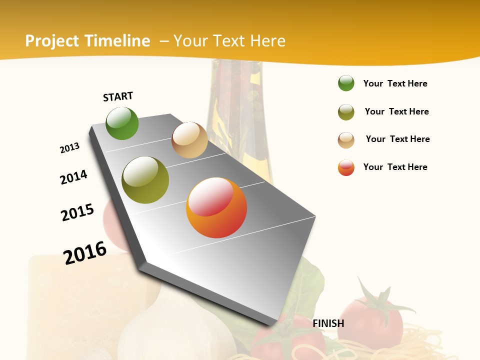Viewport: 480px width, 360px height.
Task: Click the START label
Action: pos(118,96)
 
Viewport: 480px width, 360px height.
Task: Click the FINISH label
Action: pos(328,323)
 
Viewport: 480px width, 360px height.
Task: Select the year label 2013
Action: pos(69,148)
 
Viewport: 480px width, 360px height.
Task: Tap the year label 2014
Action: pos(73,177)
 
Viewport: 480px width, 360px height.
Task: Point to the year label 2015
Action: pos(77,212)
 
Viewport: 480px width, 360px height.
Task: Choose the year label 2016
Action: pos(85,253)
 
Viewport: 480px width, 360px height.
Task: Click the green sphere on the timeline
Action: pos(122,123)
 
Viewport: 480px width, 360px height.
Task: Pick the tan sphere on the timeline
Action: pos(189,140)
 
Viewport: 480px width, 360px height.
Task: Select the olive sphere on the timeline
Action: pos(145,180)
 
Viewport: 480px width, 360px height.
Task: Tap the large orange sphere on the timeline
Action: pos(216,207)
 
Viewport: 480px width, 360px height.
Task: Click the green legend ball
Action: pos(346,83)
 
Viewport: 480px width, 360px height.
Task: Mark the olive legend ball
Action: pos(346,112)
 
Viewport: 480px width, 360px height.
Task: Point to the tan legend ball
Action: pos(346,140)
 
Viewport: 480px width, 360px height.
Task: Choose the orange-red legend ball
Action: pos(346,167)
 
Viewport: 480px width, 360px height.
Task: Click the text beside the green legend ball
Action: pos(395,83)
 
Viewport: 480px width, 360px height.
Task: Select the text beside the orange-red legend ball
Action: pos(395,167)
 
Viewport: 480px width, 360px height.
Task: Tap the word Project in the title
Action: pos(52,41)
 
